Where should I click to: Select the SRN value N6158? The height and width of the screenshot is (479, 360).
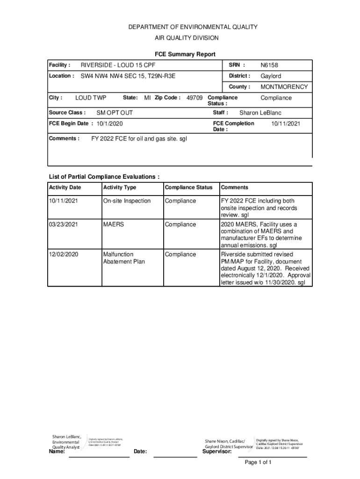coord(269,65)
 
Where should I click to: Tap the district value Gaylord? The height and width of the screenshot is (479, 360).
coord(271,76)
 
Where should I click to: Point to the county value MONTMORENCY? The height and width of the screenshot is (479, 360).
coord(284,87)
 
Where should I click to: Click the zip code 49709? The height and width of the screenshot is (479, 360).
coord(194,98)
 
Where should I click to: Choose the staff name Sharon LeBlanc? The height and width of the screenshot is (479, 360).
coord(260,113)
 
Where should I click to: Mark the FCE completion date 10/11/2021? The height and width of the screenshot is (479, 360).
coord(286,123)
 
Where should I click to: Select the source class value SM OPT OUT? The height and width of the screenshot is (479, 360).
coord(115,113)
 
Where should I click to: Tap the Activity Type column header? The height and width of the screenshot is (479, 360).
coord(120,188)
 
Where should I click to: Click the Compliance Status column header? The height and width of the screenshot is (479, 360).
coord(188,188)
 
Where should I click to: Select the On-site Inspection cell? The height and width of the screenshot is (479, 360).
coord(127,201)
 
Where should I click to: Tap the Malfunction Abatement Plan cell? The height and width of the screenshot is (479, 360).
coord(124,258)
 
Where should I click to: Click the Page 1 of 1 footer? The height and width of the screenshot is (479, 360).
coord(258,463)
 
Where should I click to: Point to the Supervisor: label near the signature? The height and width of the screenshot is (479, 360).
coord(216,452)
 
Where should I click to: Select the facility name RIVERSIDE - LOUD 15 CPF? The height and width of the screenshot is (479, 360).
coord(118,65)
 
